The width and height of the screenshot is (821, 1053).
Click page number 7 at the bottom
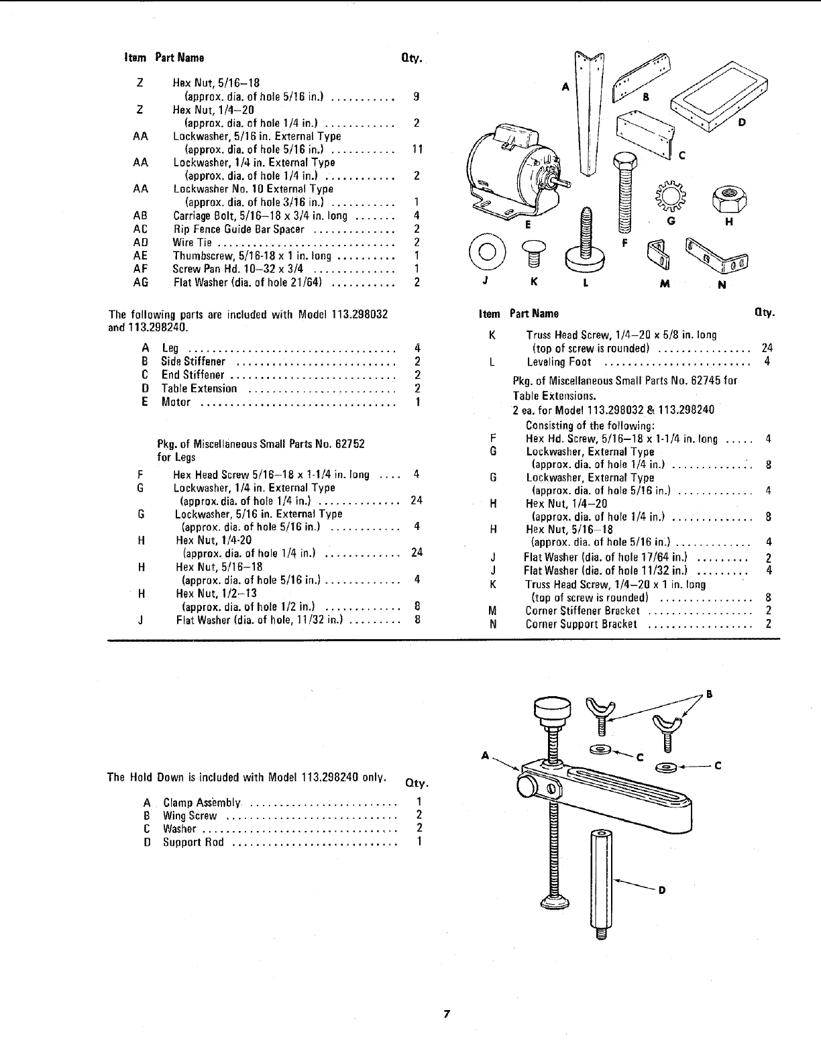pyautogui.click(x=445, y=1013)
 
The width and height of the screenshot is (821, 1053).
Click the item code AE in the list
pyautogui.click(x=140, y=256)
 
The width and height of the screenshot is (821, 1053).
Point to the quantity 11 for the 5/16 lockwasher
pyautogui.click(x=417, y=150)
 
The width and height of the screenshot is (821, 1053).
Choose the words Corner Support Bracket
pyautogui.click(x=581, y=624)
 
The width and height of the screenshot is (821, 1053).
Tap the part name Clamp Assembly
pyautogui.click(x=201, y=803)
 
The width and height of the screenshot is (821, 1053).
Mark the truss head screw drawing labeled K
pyautogui.click(x=535, y=252)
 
